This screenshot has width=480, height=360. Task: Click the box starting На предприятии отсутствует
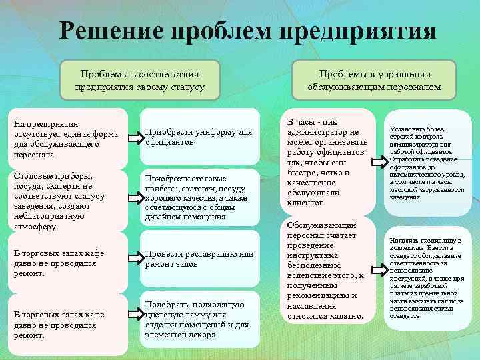pos(67,138)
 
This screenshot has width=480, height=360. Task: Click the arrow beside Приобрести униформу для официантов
pos(135,138)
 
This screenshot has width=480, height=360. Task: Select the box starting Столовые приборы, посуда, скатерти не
pos(67,198)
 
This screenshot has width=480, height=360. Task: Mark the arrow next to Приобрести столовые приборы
pos(135,198)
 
